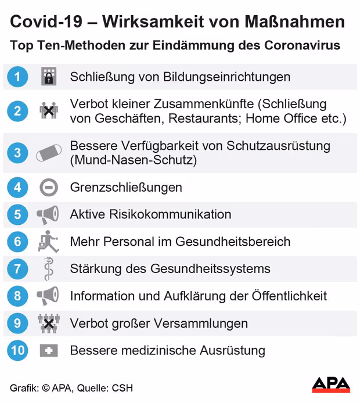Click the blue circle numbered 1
click(17, 77)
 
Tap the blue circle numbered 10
click(17, 350)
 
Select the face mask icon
click(49, 153)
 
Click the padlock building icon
click(49, 77)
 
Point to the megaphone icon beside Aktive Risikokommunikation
click(48, 214)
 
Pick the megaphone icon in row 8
click(48, 296)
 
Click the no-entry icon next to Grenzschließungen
click(49, 187)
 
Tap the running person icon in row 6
click(49, 241)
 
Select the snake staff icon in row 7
click(49, 269)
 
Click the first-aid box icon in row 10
click(49, 350)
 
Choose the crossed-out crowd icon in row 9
click(49, 324)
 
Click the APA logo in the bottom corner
click(331, 384)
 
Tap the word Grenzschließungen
click(126, 187)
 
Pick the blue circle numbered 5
click(17, 214)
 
